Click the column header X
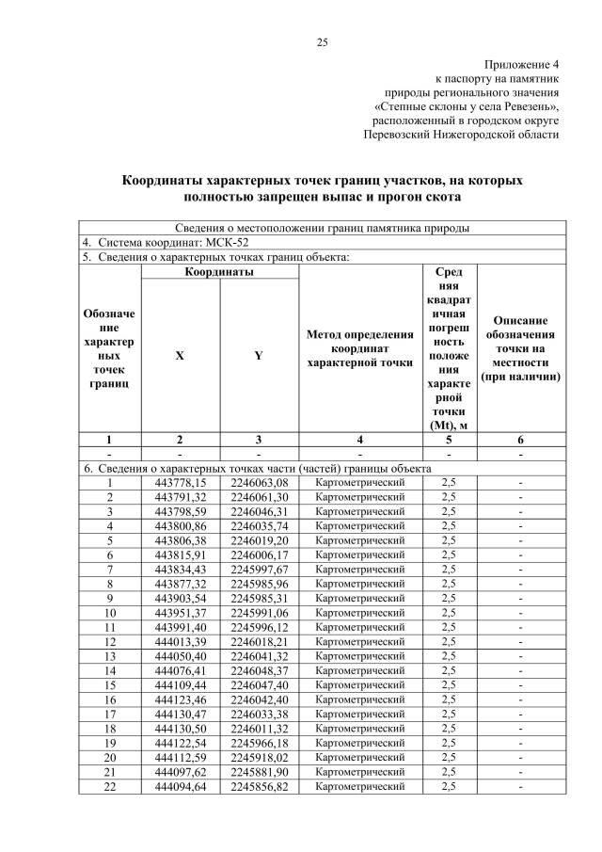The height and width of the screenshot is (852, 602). click(x=180, y=356)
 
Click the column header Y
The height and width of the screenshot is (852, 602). click(x=258, y=356)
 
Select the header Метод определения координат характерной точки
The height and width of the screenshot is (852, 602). click(x=360, y=347)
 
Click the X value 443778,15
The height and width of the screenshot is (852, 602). click(x=180, y=483)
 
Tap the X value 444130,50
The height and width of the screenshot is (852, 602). click(x=180, y=729)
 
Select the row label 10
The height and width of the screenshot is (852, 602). click(x=109, y=613)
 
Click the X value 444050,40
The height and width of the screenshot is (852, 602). click(x=180, y=656)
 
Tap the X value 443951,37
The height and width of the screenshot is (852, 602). click(x=180, y=613)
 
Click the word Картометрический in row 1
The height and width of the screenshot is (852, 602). click(x=360, y=483)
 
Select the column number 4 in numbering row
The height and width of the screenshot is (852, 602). click(x=360, y=440)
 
